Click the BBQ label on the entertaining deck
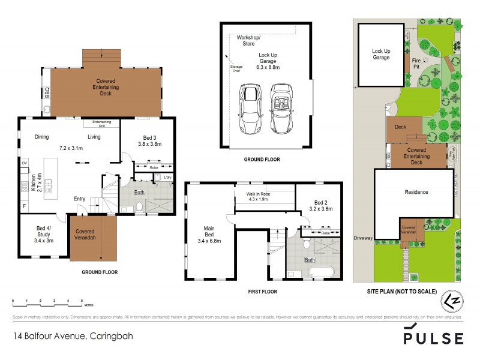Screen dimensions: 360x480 coord(47,93)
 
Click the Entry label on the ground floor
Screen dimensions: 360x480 coord(79,199)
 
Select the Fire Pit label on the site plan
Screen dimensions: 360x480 coord(416,63)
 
